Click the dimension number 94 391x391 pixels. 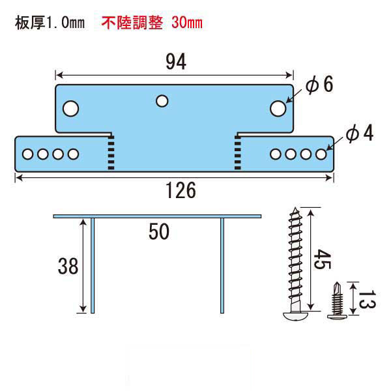click(x=176, y=61)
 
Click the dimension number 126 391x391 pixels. click(x=181, y=190)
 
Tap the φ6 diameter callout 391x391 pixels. click(x=319, y=85)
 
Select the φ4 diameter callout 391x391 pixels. click(x=360, y=134)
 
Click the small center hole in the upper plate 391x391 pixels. click(x=162, y=101)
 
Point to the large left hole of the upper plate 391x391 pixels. click(x=71, y=109)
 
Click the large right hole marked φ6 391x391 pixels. click(x=278, y=109)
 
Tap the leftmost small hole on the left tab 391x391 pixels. click(x=27, y=154)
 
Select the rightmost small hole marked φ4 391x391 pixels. click(x=321, y=154)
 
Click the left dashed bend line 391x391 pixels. click(x=111, y=153)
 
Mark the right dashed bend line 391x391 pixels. click(x=238, y=153)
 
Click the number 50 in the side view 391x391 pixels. click(x=159, y=231)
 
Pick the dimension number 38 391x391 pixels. click(x=68, y=266)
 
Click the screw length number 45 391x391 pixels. click(x=322, y=259)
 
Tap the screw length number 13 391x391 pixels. click(x=367, y=299)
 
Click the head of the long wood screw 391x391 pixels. click(x=295, y=315)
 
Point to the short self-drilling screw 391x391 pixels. click(x=337, y=300)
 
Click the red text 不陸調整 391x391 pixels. click(x=132, y=23)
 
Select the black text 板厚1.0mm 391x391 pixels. click(x=50, y=23)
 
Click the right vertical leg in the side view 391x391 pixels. click(x=222, y=266)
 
